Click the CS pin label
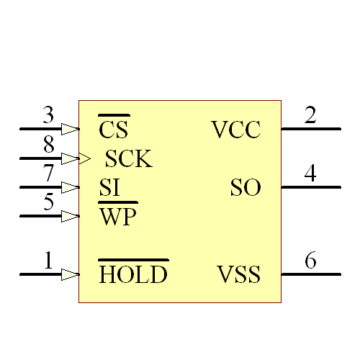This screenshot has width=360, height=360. [114, 130]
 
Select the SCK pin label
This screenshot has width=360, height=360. [128, 158]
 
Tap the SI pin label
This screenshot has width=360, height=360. [109, 188]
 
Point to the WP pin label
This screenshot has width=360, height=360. [117, 216]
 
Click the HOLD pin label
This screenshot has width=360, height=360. [133, 274]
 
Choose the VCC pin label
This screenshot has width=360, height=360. [235, 130]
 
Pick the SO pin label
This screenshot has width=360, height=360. [245, 188]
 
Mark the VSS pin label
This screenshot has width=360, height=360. [238, 274]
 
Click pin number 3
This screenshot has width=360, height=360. [48, 115]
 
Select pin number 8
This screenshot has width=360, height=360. [48, 145]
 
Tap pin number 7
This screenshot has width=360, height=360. [48, 174]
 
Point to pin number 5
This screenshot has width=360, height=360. [48, 202]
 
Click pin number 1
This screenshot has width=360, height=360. [48, 261]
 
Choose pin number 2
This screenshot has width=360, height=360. [310, 115]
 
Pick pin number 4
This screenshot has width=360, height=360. [310, 174]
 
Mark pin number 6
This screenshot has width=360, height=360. [310, 261]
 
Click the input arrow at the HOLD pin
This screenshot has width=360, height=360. [70, 274]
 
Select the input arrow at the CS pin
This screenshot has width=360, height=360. [70, 129]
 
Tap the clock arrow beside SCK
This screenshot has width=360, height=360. [85, 158]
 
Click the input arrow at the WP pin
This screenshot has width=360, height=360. [70, 215]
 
